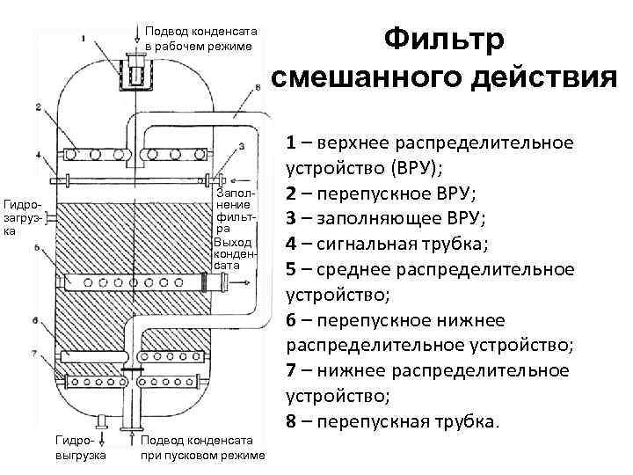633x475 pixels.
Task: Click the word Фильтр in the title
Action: pyautogui.click(x=444, y=40)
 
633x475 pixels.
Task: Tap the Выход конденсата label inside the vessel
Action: pyautogui.click(x=234, y=252)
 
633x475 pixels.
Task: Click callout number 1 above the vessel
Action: pyautogui.click(x=83, y=38)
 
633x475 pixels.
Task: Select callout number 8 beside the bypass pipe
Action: pyautogui.click(x=256, y=86)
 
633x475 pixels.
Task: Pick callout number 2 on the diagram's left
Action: pyautogui.click(x=40, y=107)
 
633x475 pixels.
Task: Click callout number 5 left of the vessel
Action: pyautogui.click(x=36, y=250)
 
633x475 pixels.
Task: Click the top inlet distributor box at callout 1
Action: pyautogui.click(x=135, y=70)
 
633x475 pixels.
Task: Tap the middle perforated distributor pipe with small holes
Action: pyautogui.click(x=132, y=283)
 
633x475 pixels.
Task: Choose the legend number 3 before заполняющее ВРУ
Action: pyautogui.click(x=291, y=216)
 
